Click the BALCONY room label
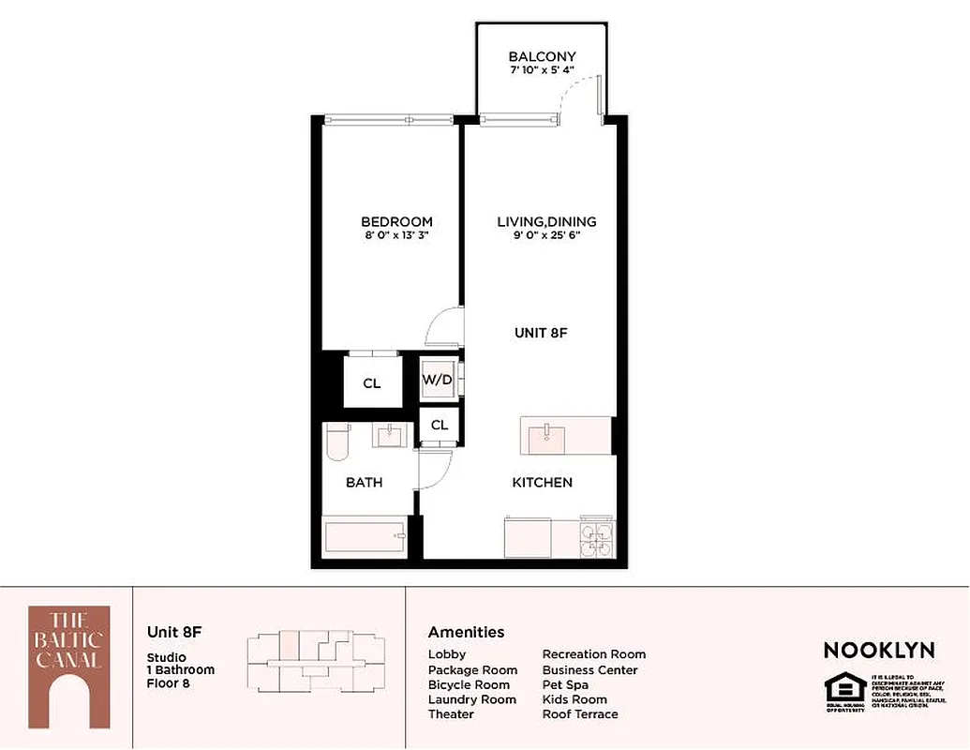(x=542, y=56)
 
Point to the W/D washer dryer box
(x=438, y=381)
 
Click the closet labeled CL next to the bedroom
(x=372, y=383)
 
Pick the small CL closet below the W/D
(x=440, y=425)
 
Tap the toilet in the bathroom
(x=336, y=442)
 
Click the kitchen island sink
(x=544, y=434)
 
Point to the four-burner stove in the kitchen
(x=596, y=539)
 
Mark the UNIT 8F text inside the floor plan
(x=542, y=333)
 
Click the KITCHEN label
(x=542, y=483)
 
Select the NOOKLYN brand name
(x=879, y=650)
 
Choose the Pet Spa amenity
(x=565, y=684)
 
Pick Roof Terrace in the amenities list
(x=580, y=714)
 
